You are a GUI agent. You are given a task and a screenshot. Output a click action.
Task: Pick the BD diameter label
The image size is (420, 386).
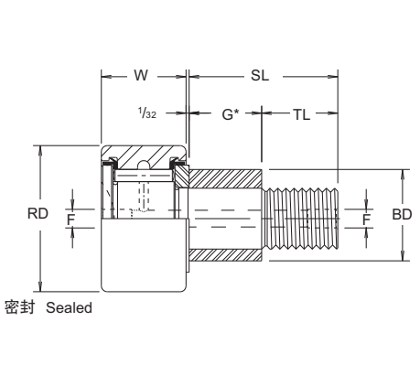tap(401, 213)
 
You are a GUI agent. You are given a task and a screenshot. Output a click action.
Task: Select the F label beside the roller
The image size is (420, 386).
tap(70, 220)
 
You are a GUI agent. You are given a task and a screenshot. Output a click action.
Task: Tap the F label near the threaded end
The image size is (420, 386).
tap(366, 220)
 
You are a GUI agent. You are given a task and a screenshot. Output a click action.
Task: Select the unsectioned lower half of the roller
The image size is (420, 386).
tap(144, 256)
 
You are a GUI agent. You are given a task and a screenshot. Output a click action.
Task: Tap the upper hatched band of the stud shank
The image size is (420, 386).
tap(226, 176)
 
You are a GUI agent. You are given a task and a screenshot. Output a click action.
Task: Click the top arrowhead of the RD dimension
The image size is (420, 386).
tap(39, 148)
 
